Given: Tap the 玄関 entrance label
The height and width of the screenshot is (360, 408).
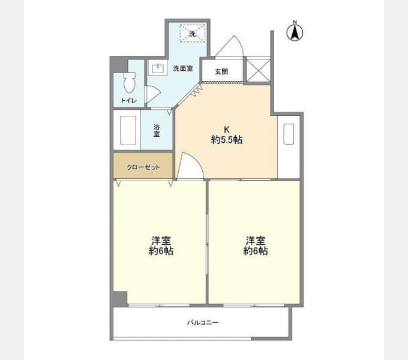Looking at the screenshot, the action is tap(221, 71).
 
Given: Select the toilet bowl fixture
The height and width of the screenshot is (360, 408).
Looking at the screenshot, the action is tap(130, 82).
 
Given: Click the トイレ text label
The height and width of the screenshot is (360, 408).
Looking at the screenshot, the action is tap(128, 100).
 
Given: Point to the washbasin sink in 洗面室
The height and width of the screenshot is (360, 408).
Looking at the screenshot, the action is tap(158, 68).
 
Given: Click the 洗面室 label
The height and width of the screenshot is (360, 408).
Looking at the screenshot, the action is tap(183, 68).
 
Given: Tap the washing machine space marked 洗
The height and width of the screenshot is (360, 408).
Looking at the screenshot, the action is tap(193, 33).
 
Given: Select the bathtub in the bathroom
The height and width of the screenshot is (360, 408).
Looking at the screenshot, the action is tap(128, 130).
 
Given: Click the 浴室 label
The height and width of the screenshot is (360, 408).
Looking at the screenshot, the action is tap(157, 131).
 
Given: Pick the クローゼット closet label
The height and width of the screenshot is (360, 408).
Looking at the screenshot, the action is tap(143, 167).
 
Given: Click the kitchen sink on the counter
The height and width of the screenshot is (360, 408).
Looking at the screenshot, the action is tap(289, 134).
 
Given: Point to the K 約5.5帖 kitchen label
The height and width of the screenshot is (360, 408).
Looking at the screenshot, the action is tap(227, 135).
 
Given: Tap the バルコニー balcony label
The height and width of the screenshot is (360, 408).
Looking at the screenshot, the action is tap(203, 323).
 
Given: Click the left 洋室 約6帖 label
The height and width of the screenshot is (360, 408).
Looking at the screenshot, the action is tap(161, 245).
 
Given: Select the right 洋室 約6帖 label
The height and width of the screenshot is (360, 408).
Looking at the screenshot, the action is tap(256, 245).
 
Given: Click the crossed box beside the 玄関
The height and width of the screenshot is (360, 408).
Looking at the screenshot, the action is tap(259, 70).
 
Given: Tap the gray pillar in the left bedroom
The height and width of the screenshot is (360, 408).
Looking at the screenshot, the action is tap(120, 299).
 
